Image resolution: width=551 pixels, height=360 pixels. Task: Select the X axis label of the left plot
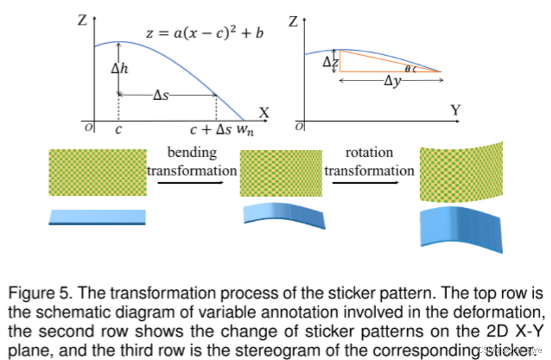pyautogui.click(x=264, y=112)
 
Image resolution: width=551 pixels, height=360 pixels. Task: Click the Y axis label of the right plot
pyautogui.click(x=455, y=110)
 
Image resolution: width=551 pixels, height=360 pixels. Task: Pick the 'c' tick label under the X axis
pyautogui.click(x=118, y=130)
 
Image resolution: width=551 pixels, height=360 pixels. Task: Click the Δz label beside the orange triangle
pyautogui.click(x=329, y=62)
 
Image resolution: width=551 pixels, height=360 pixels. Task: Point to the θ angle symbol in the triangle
pyautogui.click(x=408, y=69)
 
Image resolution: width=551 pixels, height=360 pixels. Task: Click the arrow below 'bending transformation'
pyautogui.click(x=191, y=183)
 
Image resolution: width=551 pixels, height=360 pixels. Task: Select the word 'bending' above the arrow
pyautogui.click(x=192, y=153)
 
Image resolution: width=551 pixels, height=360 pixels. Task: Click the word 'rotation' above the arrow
pyautogui.click(x=369, y=153)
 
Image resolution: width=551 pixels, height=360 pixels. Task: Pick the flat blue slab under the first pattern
pyautogui.click(x=97, y=217)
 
